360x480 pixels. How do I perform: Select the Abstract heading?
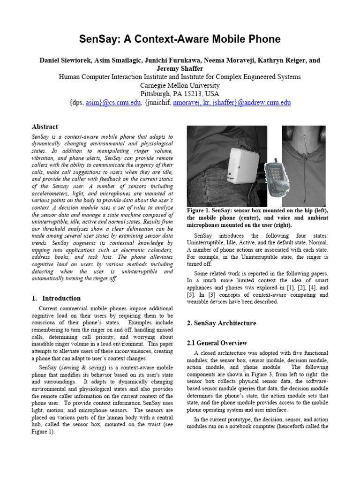[45, 127]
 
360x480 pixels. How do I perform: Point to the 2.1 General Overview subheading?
[217, 343]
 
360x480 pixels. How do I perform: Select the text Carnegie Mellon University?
[180, 85]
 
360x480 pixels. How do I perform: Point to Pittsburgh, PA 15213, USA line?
[180, 94]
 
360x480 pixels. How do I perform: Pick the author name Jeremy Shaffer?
[180, 68]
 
